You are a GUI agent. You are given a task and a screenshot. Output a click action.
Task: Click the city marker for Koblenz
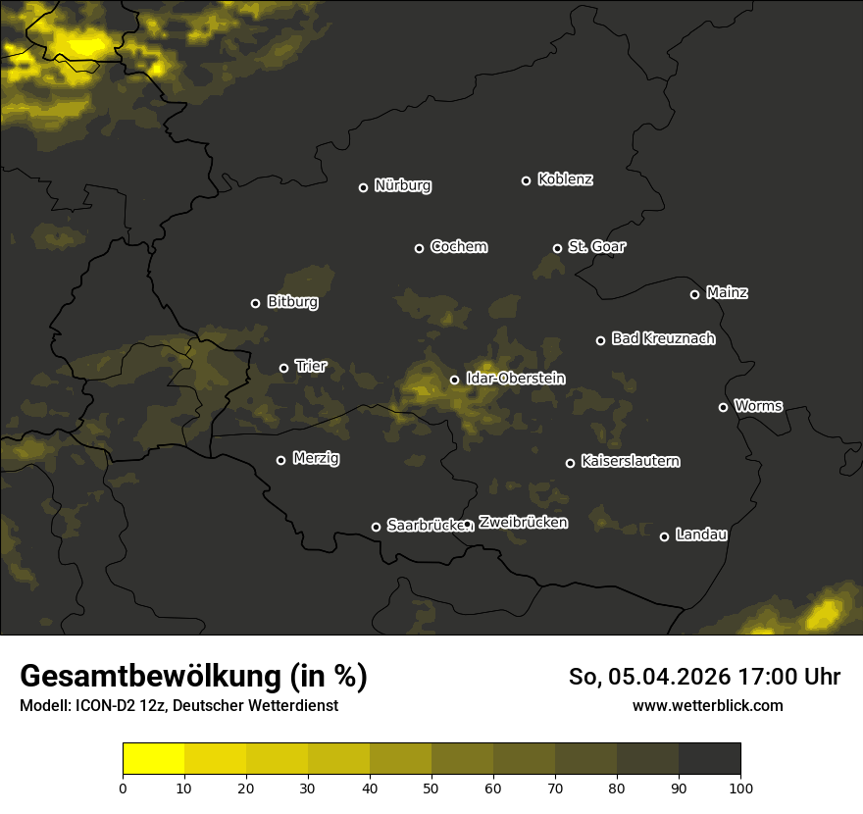(x=526, y=180)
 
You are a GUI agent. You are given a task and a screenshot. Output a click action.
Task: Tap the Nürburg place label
(x=402, y=186)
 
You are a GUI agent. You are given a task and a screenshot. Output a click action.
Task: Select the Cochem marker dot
(x=419, y=248)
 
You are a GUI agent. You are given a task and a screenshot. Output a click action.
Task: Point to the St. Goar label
(x=596, y=247)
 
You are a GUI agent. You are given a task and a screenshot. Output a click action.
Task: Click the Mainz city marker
(x=694, y=294)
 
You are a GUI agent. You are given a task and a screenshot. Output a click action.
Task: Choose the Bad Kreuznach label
(x=663, y=339)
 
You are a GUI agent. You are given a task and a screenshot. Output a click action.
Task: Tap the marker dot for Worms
(x=723, y=407)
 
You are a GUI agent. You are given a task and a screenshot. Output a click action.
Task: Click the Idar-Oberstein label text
(x=515, y=379)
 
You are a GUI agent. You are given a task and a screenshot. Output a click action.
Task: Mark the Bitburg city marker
(x=255, y=303)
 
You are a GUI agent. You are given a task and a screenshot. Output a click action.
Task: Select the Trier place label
(x=311, y=367)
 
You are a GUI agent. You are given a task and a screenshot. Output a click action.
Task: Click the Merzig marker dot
(x=280, y=460)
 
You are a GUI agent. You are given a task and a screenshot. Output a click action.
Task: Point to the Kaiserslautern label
(x=630, y=461)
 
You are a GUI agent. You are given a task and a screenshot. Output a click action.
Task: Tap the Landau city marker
(x=664, y=536)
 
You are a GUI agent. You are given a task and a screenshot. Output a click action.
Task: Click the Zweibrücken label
(x=523, y=523)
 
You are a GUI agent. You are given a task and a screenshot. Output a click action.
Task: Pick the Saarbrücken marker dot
(x=376, y=527)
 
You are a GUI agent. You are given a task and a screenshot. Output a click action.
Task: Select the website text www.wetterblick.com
(x=707, y=705)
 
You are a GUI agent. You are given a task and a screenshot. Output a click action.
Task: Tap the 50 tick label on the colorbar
(x=431, y=788)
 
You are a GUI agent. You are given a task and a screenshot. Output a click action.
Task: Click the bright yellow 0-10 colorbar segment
(x=153, y=759)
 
